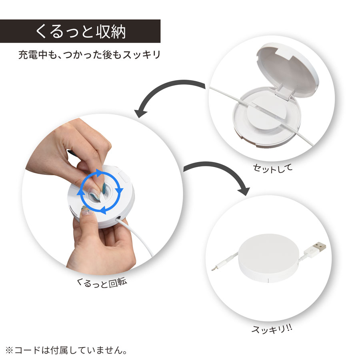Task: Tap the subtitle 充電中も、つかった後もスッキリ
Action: (89, 54)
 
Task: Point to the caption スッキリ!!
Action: (272, 329)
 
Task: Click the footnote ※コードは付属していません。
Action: (66, 351)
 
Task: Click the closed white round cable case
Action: (266, 258)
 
